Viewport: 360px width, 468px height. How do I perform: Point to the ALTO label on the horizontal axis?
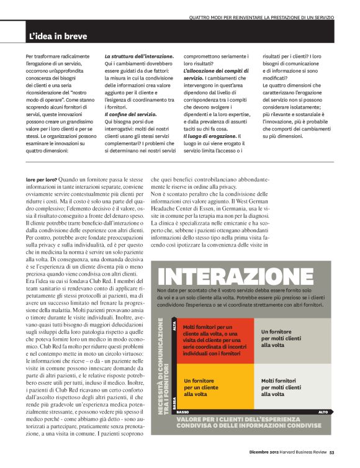click(323, 412)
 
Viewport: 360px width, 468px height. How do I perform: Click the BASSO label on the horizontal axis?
click(183, 412)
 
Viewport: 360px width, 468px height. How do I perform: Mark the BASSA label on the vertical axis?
click(174, 401)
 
